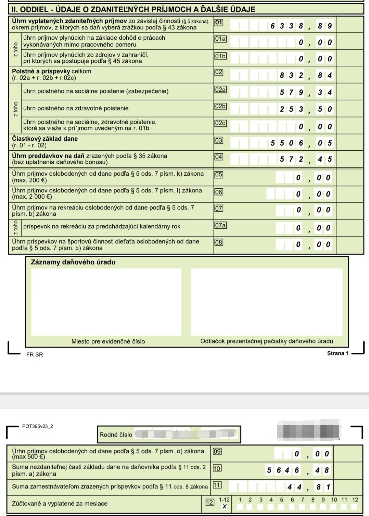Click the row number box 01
pos(218,23)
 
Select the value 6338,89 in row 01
pos(301,26)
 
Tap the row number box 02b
pos(220,106)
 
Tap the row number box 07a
pos(220,225)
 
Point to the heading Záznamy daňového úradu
pos(73,262)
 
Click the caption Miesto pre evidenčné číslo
pos(108,341)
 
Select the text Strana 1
pos(338,353)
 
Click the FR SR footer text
pos(35,355)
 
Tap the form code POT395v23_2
pos(38,426)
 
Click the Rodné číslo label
pos(116,435)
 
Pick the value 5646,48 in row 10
pos(298,470)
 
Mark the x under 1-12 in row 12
pos(224,506)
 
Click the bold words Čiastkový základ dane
pos(45,139)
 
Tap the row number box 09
pos(217,451)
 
